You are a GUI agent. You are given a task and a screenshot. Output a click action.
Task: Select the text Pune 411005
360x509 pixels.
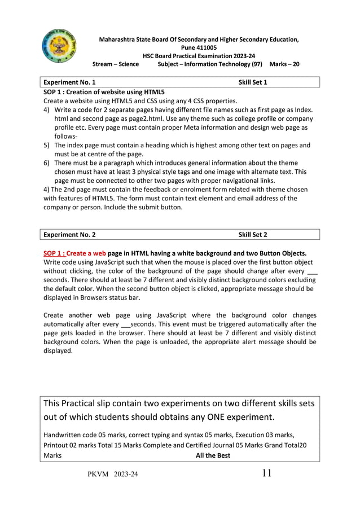click(199, 48)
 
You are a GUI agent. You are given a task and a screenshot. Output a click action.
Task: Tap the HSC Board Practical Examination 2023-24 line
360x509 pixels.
click(199, 56)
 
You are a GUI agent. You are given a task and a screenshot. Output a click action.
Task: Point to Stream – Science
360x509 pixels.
click(116, 64)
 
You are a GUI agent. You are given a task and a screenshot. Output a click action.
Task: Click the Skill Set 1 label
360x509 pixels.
click(252, 82)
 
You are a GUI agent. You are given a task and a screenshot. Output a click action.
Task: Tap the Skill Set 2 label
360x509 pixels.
click(252, 234)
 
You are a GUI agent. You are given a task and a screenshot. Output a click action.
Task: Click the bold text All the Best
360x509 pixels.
click(212, 455)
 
